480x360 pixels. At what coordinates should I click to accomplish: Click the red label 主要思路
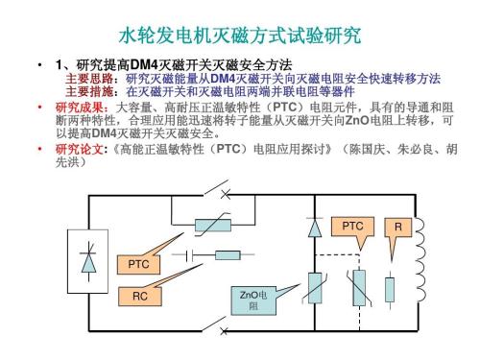[84, 78]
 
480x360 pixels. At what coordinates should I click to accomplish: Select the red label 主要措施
[84, 91]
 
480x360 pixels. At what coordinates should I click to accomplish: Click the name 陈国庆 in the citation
[365, 150]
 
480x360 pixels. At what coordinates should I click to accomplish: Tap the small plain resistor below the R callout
[389, 288]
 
